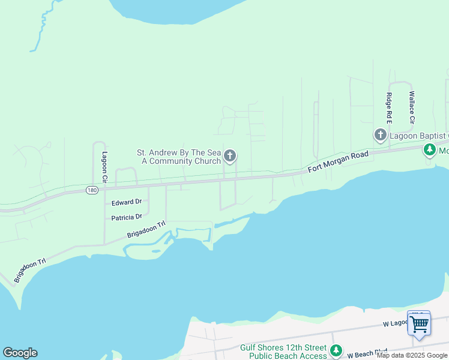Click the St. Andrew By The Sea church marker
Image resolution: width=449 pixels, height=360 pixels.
[229, 157]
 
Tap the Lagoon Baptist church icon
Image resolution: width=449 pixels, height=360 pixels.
[380, 136]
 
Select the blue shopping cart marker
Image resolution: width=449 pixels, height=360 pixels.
[419, 324]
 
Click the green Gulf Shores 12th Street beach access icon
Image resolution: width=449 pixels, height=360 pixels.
[336, 350]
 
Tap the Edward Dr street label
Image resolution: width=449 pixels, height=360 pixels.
[126, 202]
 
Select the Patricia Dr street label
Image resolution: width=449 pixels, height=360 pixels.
[126, 217]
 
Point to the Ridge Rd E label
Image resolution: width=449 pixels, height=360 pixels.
[389, 108]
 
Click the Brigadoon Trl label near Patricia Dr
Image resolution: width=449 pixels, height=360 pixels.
[146, 230]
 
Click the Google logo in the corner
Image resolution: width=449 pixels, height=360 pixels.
[20, 353]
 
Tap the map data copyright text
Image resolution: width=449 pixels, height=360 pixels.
[412, 356]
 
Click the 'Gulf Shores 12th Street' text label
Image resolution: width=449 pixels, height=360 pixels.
[283, 347]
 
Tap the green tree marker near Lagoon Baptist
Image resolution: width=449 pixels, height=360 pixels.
[430, 149]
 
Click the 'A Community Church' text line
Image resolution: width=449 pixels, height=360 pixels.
[175, 161]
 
